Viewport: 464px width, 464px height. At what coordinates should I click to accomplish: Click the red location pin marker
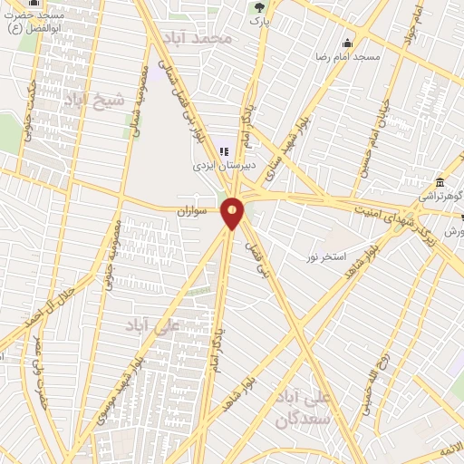tap(233, 213)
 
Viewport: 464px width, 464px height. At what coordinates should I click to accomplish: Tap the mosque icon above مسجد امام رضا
tap(347, 42)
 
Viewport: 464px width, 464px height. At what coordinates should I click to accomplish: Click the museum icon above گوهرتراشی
tap(440, 180)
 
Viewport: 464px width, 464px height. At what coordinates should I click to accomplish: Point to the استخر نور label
tap(325, 257)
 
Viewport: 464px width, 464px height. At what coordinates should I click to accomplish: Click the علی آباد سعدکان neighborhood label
tap(306, 408)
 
